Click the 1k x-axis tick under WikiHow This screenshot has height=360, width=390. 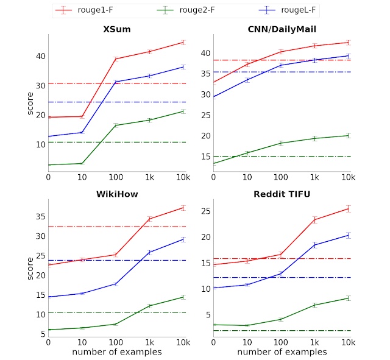[150, 342]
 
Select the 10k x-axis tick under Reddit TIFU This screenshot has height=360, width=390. [348, 342]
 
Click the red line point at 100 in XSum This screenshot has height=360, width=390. [116, 58]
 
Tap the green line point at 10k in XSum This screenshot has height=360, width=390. [183, 111]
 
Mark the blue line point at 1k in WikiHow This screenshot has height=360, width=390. [150, 252]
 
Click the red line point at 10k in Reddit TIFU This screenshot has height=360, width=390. [348, 208]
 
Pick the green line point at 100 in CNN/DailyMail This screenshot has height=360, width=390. [281, 143]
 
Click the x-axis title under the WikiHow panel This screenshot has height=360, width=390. [116, 352]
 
